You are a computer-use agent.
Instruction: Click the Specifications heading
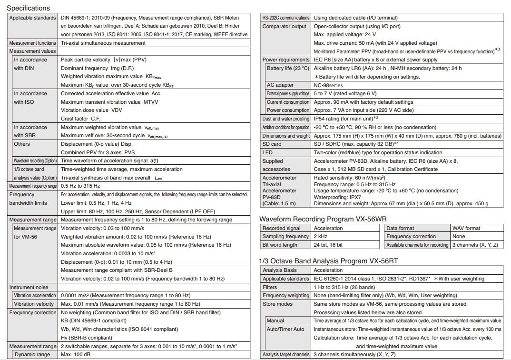tap(28, 8)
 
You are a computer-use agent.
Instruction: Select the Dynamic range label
tap(32, 355)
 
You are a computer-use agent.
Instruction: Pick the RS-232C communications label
tap(285, 18)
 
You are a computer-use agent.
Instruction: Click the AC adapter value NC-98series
tap(331, 85)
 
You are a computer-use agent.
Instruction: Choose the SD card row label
tap(272, 144)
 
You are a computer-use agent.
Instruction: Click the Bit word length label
tap(280, 245)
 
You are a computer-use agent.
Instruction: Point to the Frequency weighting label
tap(285, 295)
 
